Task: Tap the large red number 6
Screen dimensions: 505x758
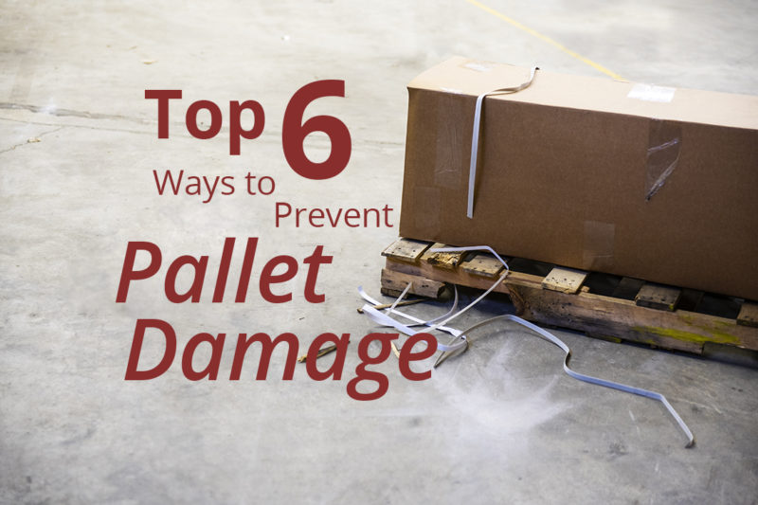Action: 316,128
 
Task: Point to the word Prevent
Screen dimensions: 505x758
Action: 333,216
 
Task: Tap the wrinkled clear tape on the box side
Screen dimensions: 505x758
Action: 662,155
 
